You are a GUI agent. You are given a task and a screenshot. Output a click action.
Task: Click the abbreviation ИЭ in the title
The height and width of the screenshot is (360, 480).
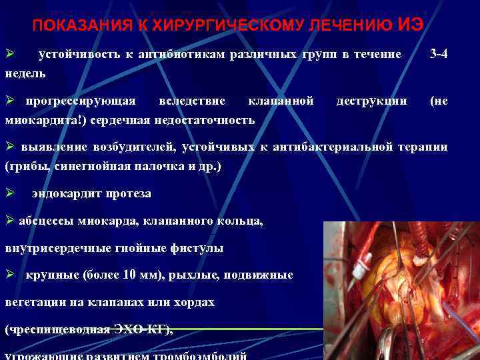coord(409,24)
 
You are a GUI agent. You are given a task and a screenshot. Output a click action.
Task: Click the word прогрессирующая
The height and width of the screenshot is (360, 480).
coord(81,101)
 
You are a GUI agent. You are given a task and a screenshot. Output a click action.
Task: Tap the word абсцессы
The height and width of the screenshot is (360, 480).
coord(45,221)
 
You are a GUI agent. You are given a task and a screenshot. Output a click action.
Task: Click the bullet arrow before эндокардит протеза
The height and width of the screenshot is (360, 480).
coord(9,193)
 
